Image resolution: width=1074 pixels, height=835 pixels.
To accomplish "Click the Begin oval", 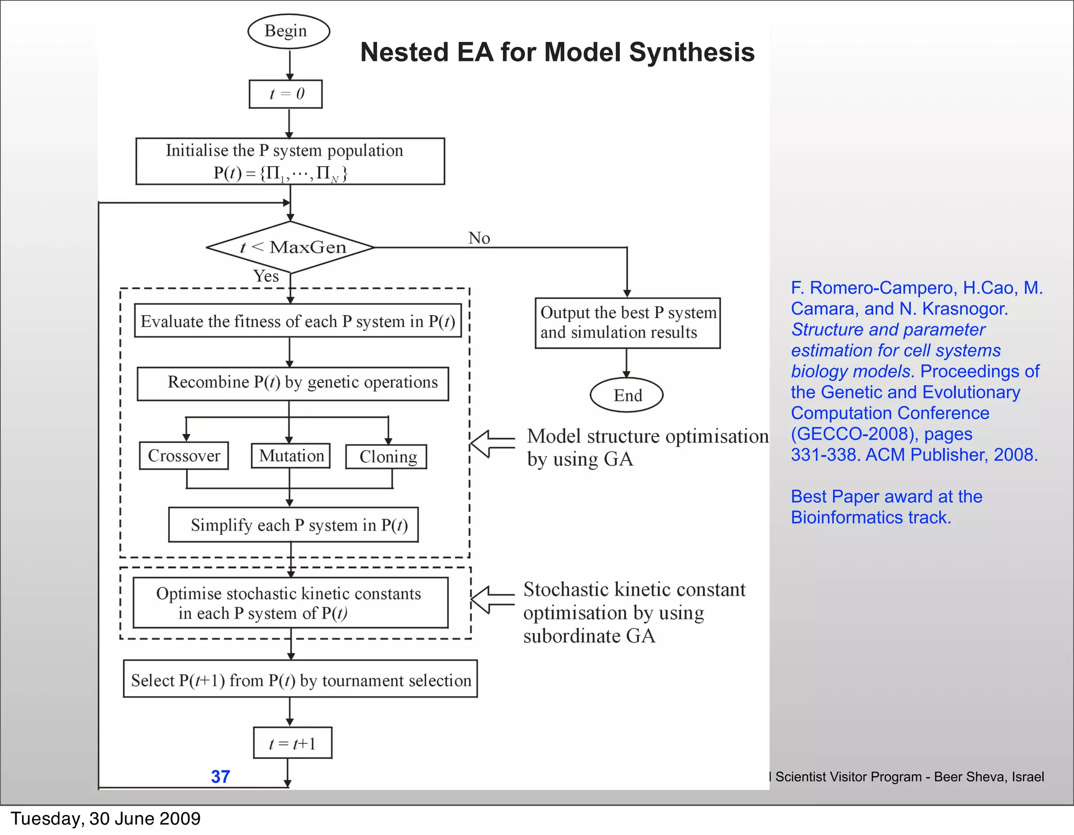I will (288, 31).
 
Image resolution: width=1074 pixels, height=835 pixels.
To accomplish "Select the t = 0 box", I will (286, 94).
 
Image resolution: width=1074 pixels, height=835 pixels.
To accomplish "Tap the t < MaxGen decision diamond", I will (291, 247).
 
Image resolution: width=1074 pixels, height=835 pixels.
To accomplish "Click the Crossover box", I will (184, 456).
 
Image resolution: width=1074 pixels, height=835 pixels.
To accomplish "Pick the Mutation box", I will (291, 456).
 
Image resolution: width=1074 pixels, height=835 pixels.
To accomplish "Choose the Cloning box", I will (386, 457).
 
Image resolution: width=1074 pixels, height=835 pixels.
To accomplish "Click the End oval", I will (627, 395).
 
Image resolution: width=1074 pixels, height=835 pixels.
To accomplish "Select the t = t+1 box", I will (292, 743).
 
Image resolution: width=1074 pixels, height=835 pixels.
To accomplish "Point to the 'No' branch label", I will (479, 238).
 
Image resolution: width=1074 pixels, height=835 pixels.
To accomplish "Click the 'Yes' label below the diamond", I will (266, 276).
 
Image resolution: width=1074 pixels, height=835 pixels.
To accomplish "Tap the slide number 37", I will (220, 776).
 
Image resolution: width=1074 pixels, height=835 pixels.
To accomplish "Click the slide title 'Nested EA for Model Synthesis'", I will (557, 52).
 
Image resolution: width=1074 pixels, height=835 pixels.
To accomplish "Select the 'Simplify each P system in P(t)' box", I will (294, 525).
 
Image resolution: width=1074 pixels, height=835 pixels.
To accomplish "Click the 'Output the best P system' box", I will (628, 323).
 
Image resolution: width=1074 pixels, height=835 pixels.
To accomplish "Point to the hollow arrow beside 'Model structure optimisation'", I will (491, 443).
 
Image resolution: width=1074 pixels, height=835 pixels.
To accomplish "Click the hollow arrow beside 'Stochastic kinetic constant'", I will (491, 600).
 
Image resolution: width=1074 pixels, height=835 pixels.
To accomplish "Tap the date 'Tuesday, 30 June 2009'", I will (105, 818).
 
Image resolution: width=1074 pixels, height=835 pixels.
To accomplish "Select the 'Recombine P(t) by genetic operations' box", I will (293, 384).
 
